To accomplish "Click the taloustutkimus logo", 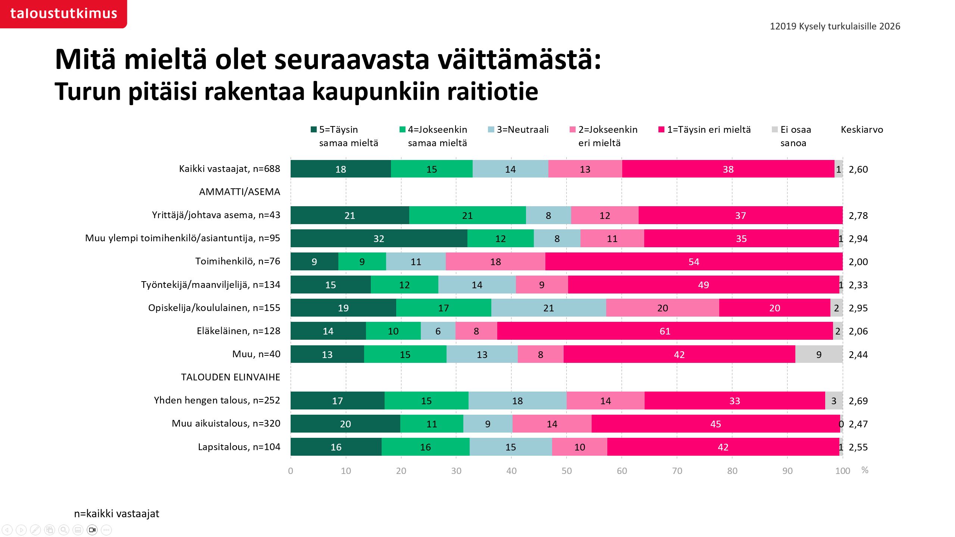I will pos(63,13).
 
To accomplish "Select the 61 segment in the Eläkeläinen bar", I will pos(665,331).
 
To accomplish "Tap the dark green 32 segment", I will pos(379,238).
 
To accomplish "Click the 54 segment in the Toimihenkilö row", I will pos(693,261).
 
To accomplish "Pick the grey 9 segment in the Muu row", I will pos(818,354).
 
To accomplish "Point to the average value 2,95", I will pos(858,308).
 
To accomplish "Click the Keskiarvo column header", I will pos(862,129).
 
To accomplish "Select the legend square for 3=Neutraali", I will pos(491,129).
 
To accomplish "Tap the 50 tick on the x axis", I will pos(566,471).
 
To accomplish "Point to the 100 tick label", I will pos(842,471).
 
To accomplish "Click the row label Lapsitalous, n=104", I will pos(239,447).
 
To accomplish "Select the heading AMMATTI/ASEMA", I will pos(239,192).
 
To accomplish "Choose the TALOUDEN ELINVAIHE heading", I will pos(231,377).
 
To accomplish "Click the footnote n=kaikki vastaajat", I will pos(116,514).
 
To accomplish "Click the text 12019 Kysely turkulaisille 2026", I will pos(835,26).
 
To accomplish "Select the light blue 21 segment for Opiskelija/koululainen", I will pos(548,308).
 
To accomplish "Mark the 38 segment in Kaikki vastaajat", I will pos(728,169).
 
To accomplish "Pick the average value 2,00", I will pos(858,262).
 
